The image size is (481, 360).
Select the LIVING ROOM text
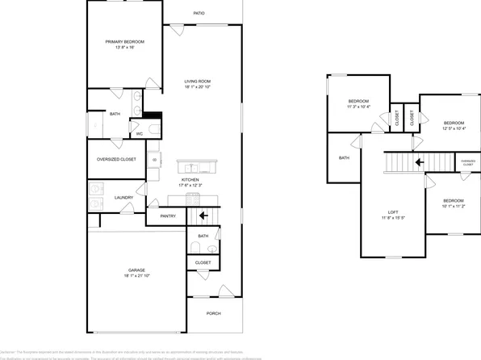198,81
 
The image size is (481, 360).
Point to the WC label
139,134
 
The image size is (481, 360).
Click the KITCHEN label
190,179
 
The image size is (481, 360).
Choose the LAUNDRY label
123,197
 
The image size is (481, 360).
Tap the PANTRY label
168,216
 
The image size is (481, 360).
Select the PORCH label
214,313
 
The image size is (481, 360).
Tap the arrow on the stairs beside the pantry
203,216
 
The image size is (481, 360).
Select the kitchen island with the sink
199,167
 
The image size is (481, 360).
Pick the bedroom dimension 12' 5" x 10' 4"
454,127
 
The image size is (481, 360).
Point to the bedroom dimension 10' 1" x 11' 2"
454,205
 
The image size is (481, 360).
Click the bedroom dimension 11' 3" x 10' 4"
358,105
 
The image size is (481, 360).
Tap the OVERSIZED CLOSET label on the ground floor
117,160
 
